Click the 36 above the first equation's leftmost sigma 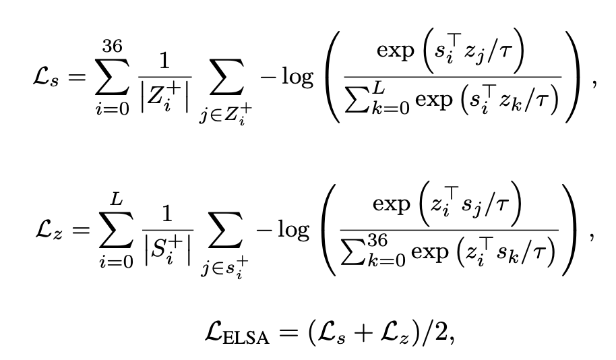pyautogui.click(x=113, y=48)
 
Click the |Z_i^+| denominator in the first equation pyautogui.click(x=162, y=99)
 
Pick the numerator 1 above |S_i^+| pyautogui.click(x=162, y=214)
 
